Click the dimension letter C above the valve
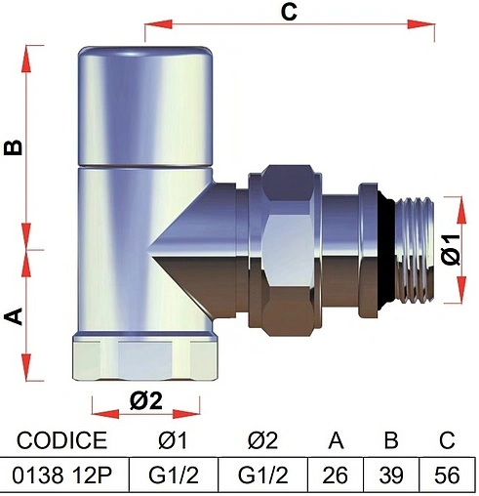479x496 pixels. click(x=289, y=13)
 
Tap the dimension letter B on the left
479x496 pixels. click(x=13, y=147)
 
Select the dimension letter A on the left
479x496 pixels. click(x=14, y=316)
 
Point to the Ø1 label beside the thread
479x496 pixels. click(x=452, y=249)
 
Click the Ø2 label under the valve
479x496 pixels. click(x=145, y=400)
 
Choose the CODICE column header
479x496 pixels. click(x=61, y=440)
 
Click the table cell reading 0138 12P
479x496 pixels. click(x=62, y=475)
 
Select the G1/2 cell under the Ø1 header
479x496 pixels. click(x=174, y=475)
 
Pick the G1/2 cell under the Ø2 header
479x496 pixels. click(x=262, y=475)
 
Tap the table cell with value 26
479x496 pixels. click(x=336, y=475)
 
